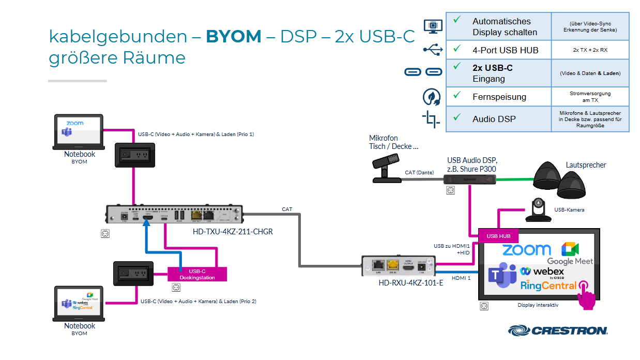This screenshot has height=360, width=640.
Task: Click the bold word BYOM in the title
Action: click(234, 36)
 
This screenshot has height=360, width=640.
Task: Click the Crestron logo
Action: click(558, 330)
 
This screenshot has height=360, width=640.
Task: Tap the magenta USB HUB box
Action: click(498, 236)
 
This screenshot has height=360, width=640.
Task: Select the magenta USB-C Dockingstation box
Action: click(197, 274)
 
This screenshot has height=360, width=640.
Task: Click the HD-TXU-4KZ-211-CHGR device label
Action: click(233, 232)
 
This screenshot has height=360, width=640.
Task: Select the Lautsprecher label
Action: click(586, 165)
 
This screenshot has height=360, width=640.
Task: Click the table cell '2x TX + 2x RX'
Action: click(589, 50)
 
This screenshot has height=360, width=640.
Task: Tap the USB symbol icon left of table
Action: click(433, 49)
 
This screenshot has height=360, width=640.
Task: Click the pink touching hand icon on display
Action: click(586, 295)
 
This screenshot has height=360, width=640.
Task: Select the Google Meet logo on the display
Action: click(570, 253)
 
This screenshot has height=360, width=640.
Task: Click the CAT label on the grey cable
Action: click(287, 209)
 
